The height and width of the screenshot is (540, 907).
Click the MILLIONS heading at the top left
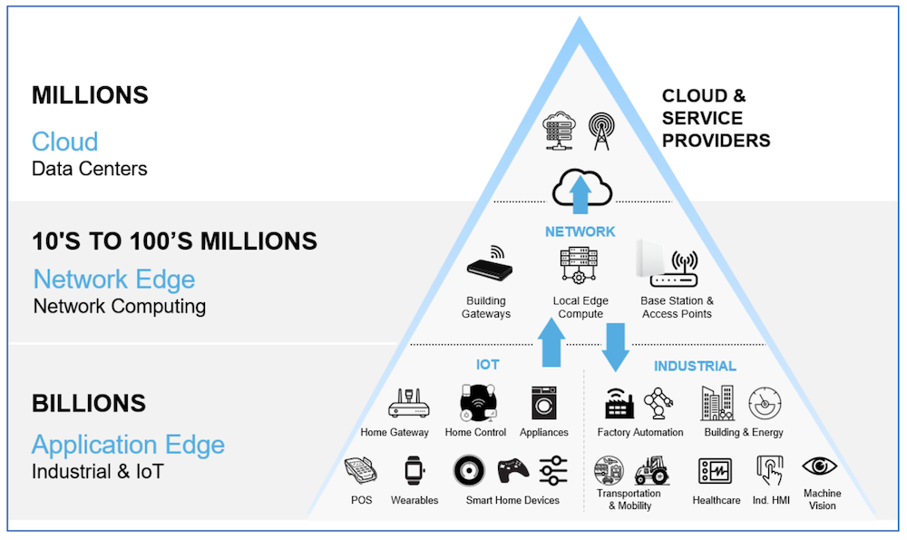tap(90, 95)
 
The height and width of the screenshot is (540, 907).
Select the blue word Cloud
tap(64, 142)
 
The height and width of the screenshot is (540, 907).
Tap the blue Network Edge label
tap(114, 279)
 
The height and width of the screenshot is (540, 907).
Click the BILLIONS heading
tap(89, 403)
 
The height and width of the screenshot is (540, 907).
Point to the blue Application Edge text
tap(128, 445)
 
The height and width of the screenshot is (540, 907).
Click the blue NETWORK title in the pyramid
tap(580, 231)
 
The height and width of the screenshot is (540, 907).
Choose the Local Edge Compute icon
tap(580, 267)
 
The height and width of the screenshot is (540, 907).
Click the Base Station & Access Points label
tap(677, 308)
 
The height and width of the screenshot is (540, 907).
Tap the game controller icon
tap(511, 472)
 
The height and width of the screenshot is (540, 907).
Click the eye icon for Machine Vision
tap(820, 466)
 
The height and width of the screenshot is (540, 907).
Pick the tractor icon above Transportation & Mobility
tap(650, 470)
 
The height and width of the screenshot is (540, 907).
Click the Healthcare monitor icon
tap(715, 471)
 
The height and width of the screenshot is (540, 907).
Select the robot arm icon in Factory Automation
tap(659, 403)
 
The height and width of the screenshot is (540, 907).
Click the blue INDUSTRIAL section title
tap(695, 367)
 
